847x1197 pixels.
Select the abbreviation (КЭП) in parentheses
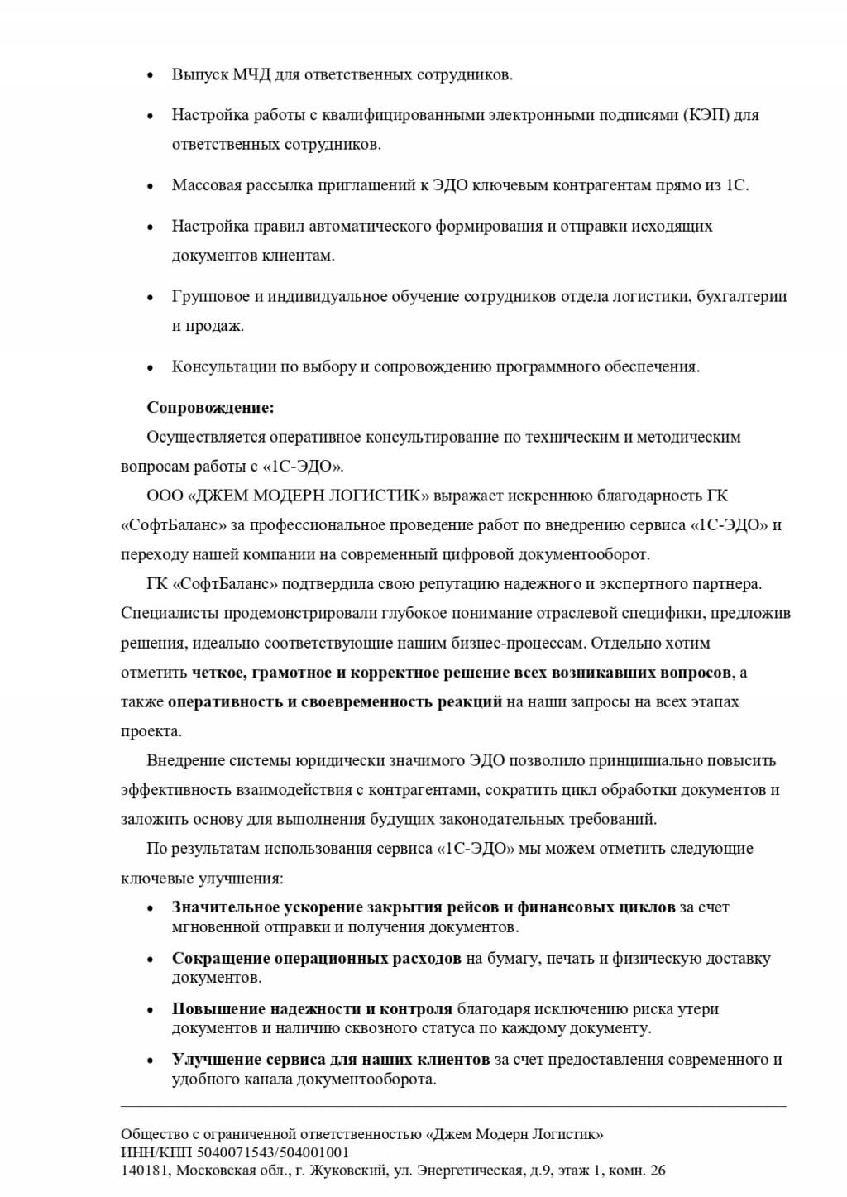(x=707, y=115)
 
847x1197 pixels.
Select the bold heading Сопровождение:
(x=210, y=407)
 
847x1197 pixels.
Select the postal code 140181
(x=142, y=1171)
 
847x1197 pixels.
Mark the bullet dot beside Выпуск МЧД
(x=150, y=76)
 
